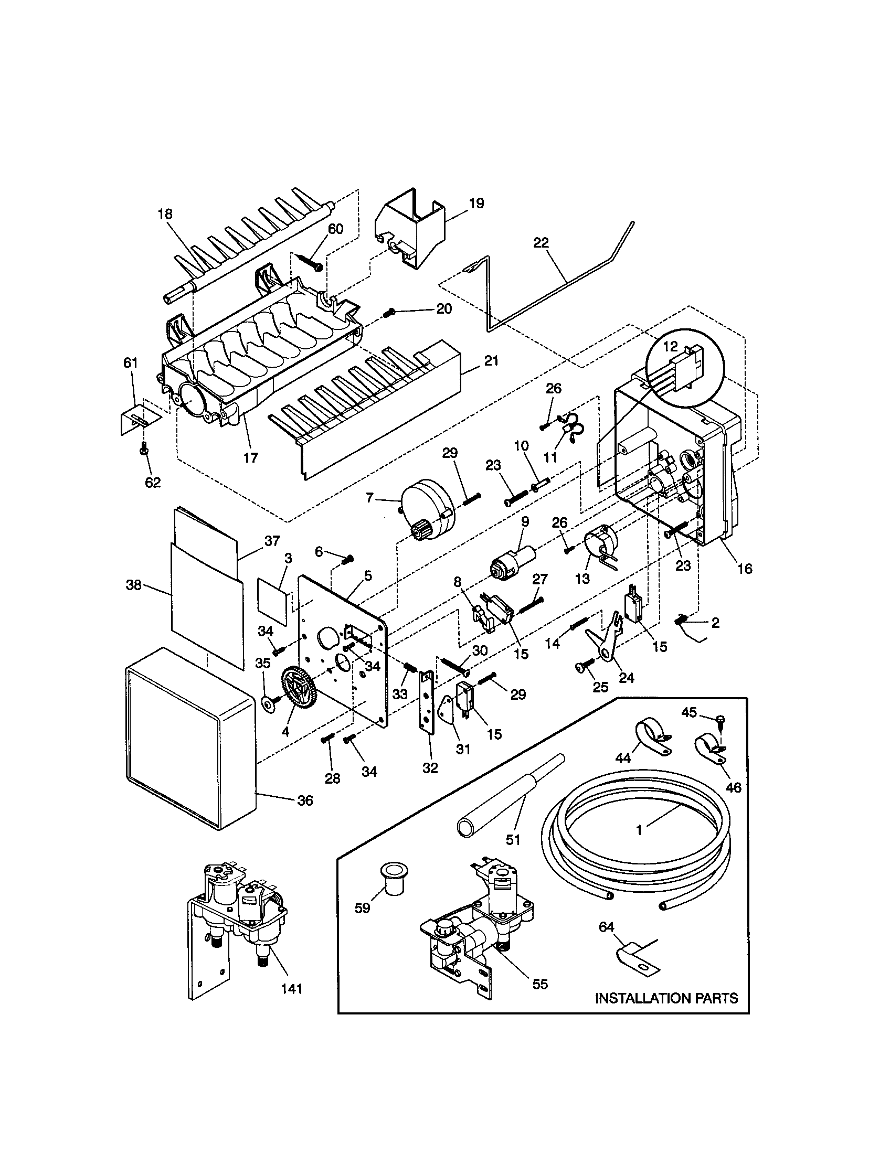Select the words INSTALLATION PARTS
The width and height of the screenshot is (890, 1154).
click(x=666, y=998)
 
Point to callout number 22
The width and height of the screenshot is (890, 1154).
click(x=541, y=242)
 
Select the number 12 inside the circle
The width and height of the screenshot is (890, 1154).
click(x=670, y=347)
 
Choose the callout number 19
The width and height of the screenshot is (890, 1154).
click(x=476, y=204)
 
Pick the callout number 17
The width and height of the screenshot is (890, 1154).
click(x=250, y=457)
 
